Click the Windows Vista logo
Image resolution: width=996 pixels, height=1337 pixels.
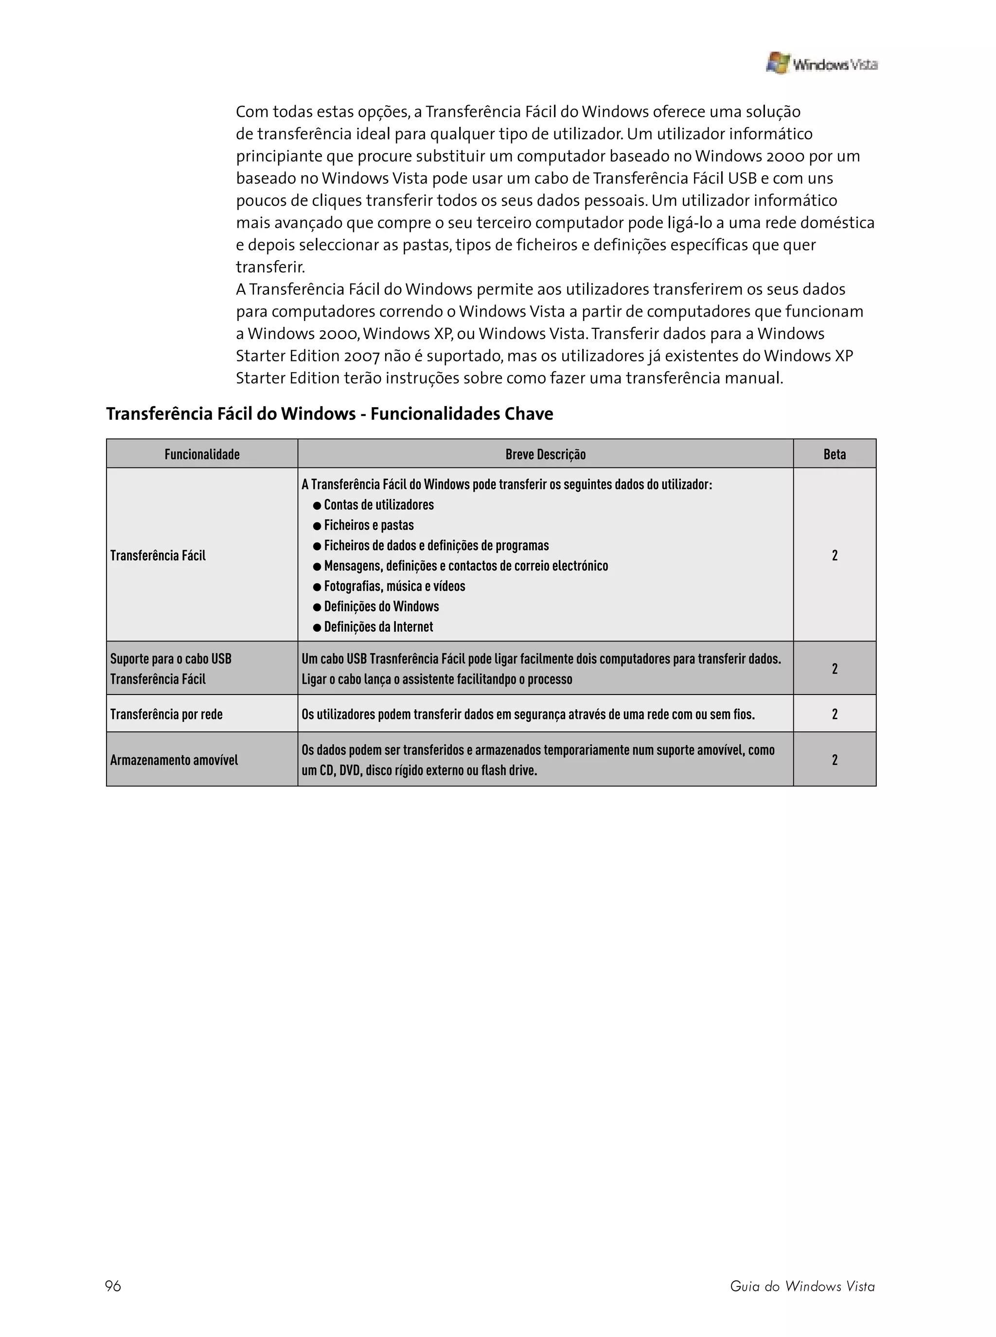[x=821, y=63]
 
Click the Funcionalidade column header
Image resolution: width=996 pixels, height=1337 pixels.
[x=202, y=455]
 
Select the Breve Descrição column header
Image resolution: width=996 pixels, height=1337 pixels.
[x=545, y=455]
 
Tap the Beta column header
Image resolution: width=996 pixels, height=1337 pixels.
[x=835, y=455]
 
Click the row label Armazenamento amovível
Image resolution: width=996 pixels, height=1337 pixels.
[x=174, y=760]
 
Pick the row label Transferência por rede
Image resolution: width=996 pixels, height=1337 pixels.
[x=166, y=714]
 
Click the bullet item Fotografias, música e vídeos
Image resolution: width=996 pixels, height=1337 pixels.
[x=394, y=586]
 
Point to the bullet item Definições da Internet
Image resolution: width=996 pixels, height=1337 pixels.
[x=379, y=627]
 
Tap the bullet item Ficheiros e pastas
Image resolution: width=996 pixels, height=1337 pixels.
[x=368, y=525]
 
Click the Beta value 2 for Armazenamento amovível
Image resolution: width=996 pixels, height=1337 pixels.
[x=835, y=760]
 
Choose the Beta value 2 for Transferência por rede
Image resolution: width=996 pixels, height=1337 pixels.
[x=835, y=714]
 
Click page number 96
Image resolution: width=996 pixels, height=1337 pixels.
[x=113, y=1286]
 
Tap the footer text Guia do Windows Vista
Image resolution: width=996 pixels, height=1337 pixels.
[x=802, y=1286]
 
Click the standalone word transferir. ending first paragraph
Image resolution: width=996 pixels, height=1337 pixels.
[x=270, y=267]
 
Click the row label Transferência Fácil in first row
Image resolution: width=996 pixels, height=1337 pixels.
[x=158, y=555]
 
